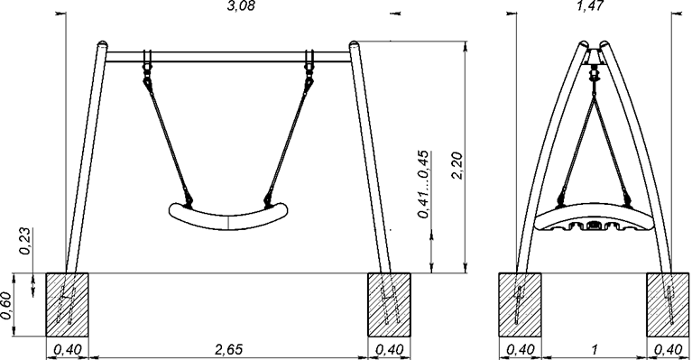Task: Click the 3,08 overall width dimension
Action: click(x=241, y=5)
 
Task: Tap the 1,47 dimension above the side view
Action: click(x=590, y=5)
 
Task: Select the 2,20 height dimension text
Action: click(x=457, y=165)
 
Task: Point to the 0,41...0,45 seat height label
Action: click(x=423, y=184)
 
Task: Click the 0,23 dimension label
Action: click(x=25, y=241)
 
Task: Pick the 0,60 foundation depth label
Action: click(x=6, y=306)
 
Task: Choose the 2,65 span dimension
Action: click(x=228, y=350)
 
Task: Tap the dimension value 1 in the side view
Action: click(x=595, y=350)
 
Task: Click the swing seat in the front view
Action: click(x=228, y=217)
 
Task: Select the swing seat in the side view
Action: click(x=594, y=217)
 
